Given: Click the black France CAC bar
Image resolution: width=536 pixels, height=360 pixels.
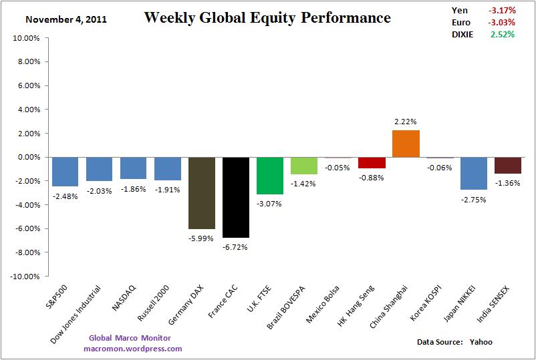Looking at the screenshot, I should (236, 197).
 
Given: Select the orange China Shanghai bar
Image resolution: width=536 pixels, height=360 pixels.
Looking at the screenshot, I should (406, 144).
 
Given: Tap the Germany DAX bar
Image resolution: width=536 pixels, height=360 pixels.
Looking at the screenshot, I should (202, 193).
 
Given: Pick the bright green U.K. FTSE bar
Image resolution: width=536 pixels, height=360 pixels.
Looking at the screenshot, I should (270, 176).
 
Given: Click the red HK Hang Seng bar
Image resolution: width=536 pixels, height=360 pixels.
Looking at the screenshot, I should (372, 162).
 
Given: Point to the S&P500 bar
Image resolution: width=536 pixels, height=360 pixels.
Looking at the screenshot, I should (65, 172).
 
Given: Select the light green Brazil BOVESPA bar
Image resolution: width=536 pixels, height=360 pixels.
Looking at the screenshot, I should (304, 166).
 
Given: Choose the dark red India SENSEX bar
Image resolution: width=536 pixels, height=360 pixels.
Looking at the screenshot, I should (508, 165).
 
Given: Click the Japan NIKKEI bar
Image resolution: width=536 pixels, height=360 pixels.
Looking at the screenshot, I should (474, 173).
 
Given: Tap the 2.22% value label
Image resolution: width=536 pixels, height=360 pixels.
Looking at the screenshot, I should (406, 122).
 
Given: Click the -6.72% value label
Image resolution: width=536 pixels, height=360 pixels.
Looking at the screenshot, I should (236, 247).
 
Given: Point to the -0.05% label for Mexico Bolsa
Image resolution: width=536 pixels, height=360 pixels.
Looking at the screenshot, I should (338, 168).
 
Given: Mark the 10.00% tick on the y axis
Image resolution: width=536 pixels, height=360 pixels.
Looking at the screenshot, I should (27, 38).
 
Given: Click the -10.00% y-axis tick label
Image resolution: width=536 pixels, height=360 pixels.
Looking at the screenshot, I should (25, 276).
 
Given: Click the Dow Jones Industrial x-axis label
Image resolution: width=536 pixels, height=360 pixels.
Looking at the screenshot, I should (77, 314).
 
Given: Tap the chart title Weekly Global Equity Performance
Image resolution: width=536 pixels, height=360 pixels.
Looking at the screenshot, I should (267, 18).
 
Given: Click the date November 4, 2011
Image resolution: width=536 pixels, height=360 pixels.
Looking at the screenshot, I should (66, 19).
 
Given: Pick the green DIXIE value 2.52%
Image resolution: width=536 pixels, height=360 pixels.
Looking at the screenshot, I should (503, 34).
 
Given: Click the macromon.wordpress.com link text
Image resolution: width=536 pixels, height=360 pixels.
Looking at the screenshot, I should (133, 349).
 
